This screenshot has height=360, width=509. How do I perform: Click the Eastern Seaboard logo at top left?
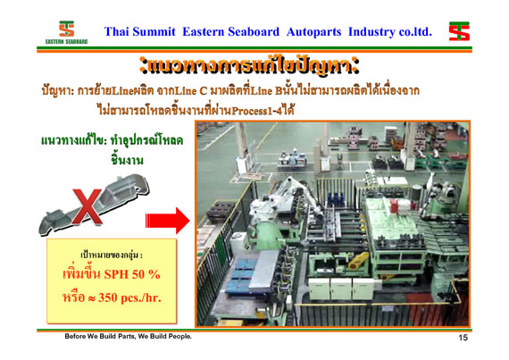pos(67,32)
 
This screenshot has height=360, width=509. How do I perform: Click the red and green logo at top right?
pos(459,31)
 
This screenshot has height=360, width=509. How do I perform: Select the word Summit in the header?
pos(154,32)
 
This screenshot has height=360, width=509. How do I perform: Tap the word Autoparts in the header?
pos(313,32)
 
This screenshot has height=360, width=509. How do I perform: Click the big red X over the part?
pos(88,207)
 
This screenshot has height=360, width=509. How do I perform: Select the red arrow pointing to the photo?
pos(167,221)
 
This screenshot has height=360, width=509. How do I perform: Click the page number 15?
pos(463,338)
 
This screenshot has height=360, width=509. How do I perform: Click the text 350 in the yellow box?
pos(107,297)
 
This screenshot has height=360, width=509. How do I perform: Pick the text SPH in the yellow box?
pos(116,274)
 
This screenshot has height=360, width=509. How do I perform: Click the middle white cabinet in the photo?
pos(340,289)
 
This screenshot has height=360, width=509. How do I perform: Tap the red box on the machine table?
pos(394,206)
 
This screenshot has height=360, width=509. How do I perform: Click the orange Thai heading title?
pos(250,67)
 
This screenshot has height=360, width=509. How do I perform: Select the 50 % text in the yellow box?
pos(146,274)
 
